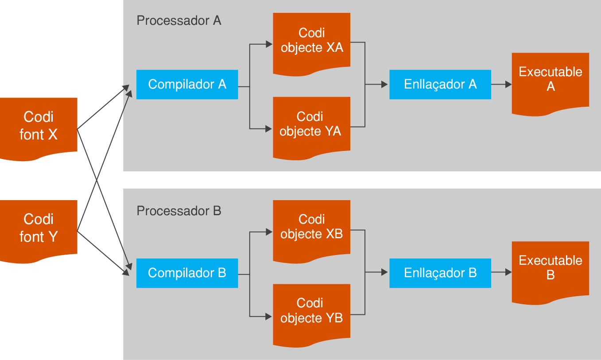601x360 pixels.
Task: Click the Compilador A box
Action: [x=187, y=84]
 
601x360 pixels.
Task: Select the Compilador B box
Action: [x=187, y=273]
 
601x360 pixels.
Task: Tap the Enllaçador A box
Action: [x=440, y=84]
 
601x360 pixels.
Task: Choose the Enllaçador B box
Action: [x=440, y=273]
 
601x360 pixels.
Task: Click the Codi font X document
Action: [x=39, y=126]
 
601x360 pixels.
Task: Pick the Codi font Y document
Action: [x=39, y=228]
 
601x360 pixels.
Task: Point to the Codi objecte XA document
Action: [x=311, y=41]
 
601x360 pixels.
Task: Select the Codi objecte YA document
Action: [x=311, y=125]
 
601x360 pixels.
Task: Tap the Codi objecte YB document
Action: [x=311, y=312]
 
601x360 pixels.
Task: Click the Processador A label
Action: [x=179, y=20]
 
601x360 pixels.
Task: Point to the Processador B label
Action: [x=179, y=211]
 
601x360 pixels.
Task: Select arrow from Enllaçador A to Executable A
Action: [x=501, y=84]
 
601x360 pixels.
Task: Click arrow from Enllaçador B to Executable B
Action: [x=501, y=273]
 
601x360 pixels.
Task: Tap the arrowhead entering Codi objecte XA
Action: [x=269, y=44]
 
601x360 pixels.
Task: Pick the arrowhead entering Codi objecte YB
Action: [x=269, y=316]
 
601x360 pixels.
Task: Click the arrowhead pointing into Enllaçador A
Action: [x=384, y=84]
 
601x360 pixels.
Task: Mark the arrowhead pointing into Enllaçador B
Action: [x=384, y=273]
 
